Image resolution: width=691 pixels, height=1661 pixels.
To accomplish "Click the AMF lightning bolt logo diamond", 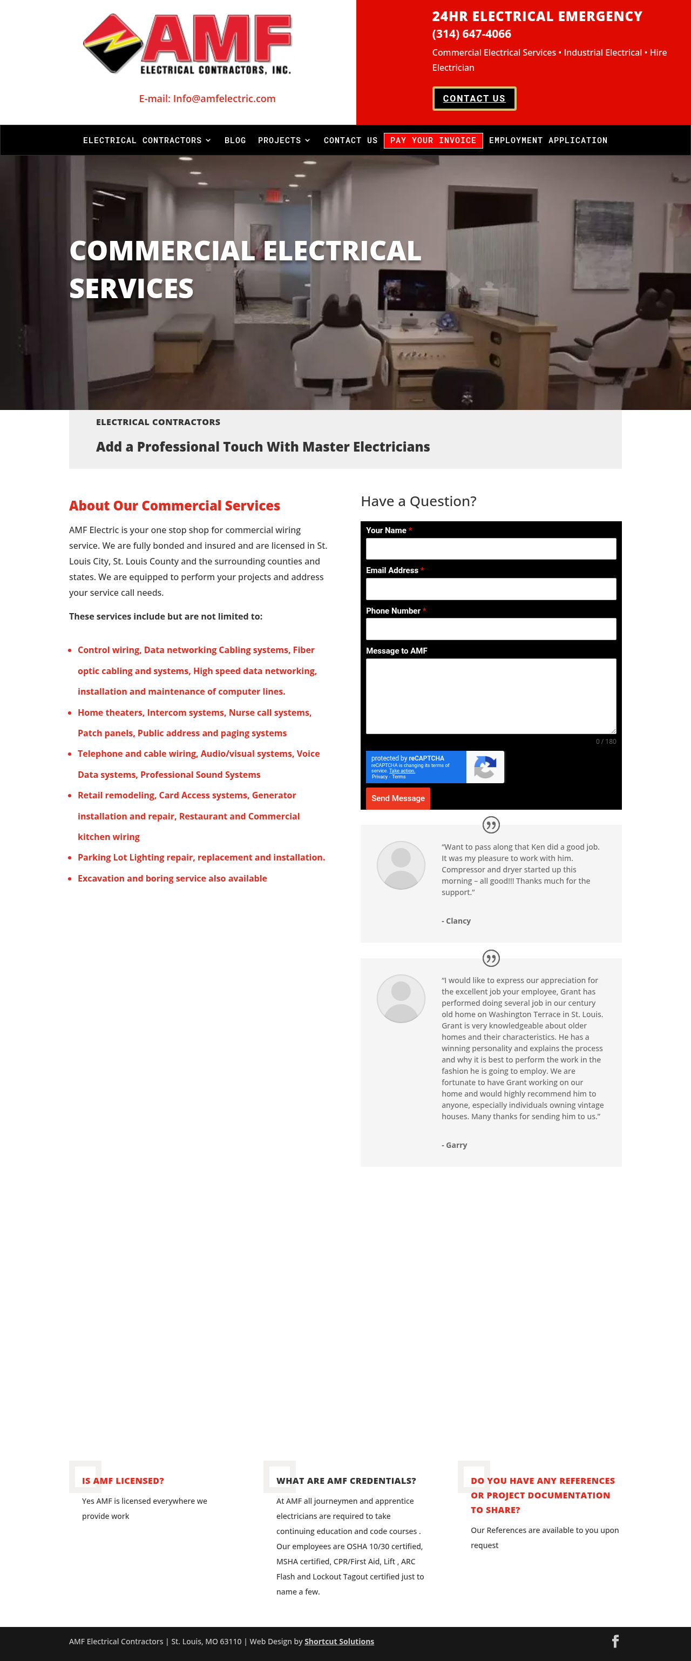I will (112, 43).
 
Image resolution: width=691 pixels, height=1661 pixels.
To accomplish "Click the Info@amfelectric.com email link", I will (207, 99).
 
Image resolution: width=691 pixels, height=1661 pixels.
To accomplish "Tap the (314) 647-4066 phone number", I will (471, 34).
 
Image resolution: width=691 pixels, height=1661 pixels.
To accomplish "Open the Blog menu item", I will (235, 140).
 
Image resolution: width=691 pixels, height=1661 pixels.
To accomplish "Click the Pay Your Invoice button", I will (433, 140).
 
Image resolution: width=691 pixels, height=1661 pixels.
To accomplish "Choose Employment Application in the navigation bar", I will (548, 140).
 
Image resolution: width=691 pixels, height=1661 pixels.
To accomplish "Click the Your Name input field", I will (491, 549).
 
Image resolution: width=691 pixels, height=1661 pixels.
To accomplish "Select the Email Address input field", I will (491, 589).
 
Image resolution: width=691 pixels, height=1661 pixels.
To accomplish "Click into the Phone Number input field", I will (491, 629).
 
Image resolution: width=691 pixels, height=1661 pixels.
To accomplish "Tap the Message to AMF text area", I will (491, 696).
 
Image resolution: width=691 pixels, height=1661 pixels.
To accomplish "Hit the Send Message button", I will (398, 798).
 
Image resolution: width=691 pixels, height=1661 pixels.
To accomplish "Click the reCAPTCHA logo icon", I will (485, 766).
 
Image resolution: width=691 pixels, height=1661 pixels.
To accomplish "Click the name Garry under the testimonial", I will (456, 1145).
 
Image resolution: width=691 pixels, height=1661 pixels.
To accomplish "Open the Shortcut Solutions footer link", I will (339, 1641).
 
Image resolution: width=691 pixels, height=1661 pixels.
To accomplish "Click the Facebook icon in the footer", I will (615, 1641).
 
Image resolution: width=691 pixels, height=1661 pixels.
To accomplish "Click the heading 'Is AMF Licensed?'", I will (123, 1481).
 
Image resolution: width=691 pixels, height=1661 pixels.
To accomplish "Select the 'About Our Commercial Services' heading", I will (175, 506).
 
